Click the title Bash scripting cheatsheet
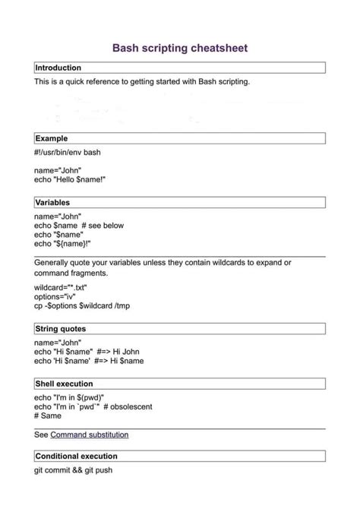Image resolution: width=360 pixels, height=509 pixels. pos(180,48)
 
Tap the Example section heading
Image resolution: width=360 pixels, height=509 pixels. pos(52,138)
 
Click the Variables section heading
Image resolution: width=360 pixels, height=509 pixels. pos(53,203)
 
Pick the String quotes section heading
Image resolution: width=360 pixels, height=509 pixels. pos(61,329)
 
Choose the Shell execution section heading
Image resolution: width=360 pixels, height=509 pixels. pos(65,384)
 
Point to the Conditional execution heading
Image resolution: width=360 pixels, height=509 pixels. pos(77,456)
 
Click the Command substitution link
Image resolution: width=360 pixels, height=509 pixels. pos(89,435)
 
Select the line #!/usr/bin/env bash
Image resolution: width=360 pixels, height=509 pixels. pos(68,152)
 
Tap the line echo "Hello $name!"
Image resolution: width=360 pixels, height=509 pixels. pos(70,179)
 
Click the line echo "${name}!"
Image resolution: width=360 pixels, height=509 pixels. pos(63,244)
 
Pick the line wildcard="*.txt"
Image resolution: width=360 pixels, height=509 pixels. pos(61,287)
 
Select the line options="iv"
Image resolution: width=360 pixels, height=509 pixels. pos(55,296)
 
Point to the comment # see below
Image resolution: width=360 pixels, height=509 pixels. pos(103,226)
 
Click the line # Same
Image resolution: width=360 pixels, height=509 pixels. pos(47,416)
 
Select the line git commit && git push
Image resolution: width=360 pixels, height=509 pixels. pos(74,469)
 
